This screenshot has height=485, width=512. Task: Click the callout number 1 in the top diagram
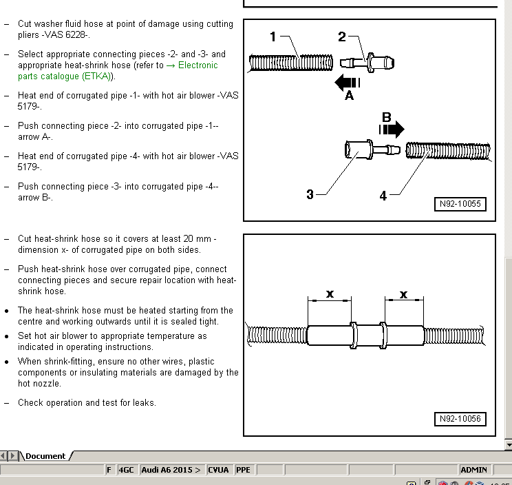[x=273, y=37]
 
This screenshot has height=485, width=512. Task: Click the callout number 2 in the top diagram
[x=342, y=37]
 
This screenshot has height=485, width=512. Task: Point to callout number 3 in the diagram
[x=310, y=195]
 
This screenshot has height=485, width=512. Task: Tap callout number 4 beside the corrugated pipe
[x=383, y=196]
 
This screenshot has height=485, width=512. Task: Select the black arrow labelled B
[x=391, y=128]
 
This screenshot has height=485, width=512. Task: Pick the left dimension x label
[x=330, y=294]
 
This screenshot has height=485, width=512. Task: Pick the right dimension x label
[x=404, y=294]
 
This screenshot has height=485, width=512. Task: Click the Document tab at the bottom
[x=45, y=456]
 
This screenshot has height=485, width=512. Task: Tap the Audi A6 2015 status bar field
[x=171, y=470]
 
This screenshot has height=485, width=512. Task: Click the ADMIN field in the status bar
[x=473, y=470]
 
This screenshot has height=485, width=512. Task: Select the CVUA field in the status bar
[x=219, y=470]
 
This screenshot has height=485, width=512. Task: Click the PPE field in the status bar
[x=244, y=470]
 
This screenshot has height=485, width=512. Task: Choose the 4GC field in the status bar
[x=127, y=470]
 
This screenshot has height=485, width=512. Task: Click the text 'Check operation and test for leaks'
[x=87, y=403]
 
